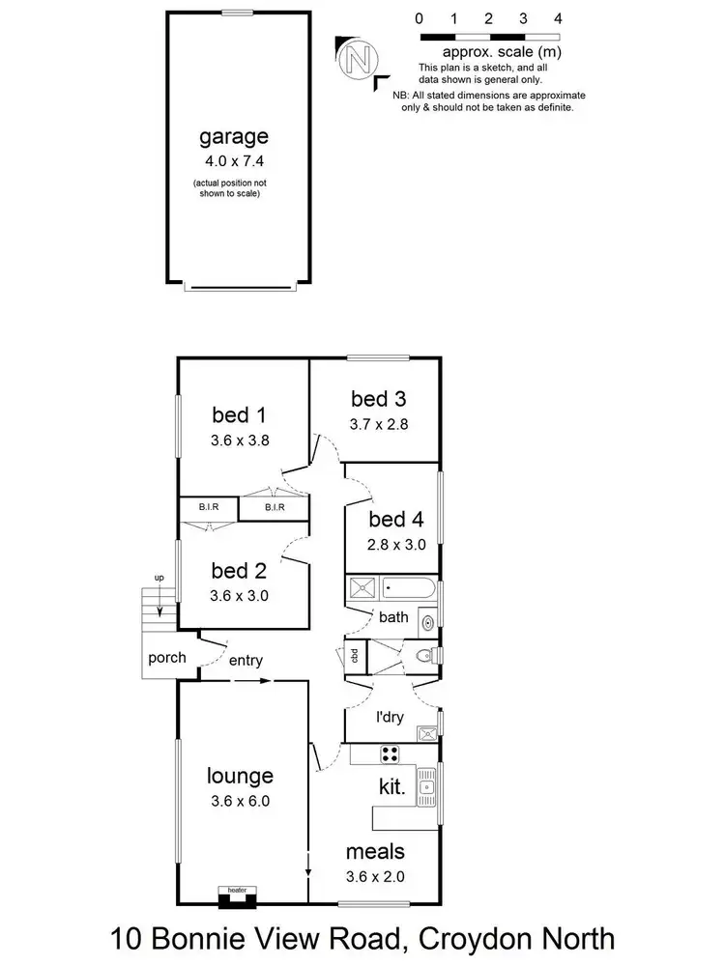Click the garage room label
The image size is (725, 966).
point(233,136)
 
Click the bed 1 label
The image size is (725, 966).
point(239,415)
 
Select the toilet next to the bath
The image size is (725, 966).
point(422,655)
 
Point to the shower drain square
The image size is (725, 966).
point(360,586)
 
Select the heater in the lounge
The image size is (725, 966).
point(236,898)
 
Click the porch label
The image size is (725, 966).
point(166,658)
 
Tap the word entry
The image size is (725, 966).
point(246,661)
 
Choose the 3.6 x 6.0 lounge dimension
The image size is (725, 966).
point(240,800)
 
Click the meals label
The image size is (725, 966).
point(376,852)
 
